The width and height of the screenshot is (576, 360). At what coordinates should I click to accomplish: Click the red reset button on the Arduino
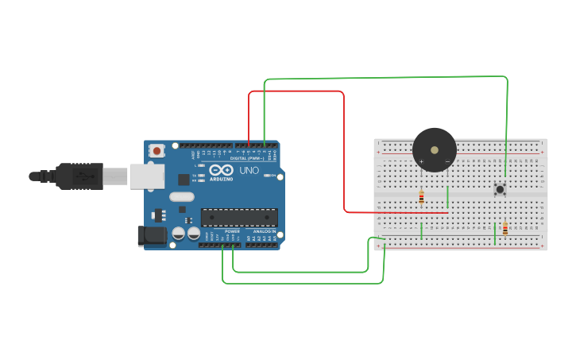click(157, 150)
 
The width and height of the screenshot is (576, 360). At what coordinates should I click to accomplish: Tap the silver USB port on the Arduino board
click(147, 176)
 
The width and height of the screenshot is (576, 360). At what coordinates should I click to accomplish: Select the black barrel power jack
click(152, 235)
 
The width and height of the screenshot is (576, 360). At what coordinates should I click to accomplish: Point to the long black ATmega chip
click(239, 217)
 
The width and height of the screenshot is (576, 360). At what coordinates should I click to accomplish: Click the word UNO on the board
click(249, 170)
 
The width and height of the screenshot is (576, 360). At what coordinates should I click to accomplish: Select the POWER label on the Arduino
click(231, 231)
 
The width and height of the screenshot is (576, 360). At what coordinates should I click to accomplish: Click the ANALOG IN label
click(264, 231)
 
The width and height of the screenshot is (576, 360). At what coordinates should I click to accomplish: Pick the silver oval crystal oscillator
click(181, 196)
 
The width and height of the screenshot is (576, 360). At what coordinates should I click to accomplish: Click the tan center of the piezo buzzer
click(434, 149)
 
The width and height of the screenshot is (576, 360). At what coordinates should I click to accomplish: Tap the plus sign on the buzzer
click(422, 161)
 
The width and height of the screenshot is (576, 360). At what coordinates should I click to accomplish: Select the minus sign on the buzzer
click(447, 161)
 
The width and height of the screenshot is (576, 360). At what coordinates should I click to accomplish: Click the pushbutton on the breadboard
click(500, 189)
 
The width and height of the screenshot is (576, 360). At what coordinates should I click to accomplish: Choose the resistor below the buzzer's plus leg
click(421, 197)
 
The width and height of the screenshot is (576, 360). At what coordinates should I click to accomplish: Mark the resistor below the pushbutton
click(504, 229)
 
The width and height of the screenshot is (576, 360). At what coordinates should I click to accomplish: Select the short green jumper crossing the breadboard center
click(447, 196)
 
